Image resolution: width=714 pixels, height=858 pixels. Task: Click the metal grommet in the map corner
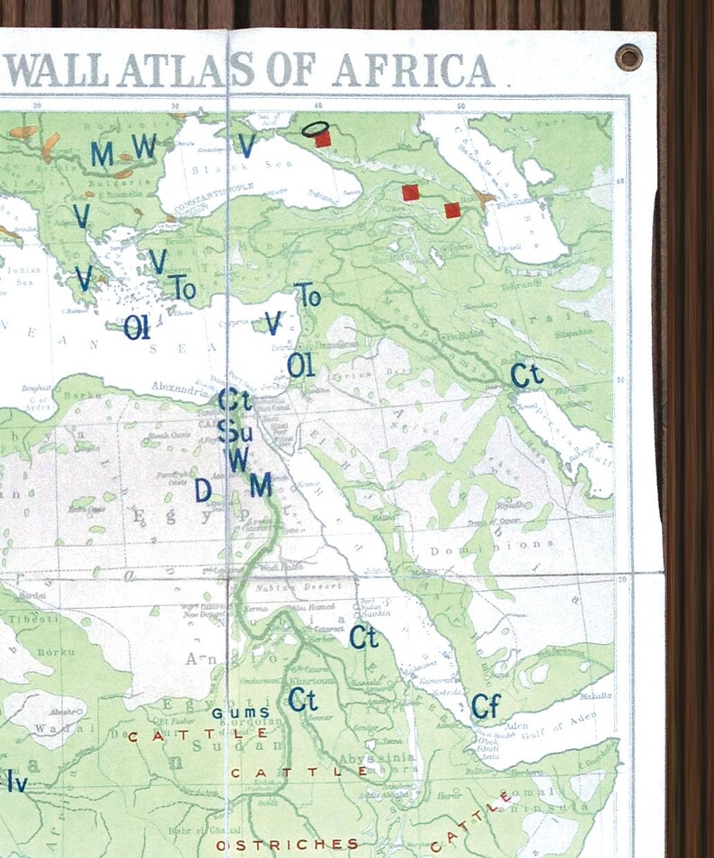pyautogui.click(x=629, y=57)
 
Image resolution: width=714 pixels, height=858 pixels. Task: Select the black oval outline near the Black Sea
pyautogui.click(x=314, y=129)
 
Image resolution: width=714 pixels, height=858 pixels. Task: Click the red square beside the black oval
pyautogui.click(x=323, y=139)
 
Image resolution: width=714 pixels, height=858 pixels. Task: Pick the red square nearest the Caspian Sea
pyautogui.click(x=452, y=210)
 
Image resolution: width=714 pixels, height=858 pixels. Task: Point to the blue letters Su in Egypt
pyautogui.click(x=235, y=432)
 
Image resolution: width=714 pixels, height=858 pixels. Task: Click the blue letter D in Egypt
pyautogui.click(x=203, y=490)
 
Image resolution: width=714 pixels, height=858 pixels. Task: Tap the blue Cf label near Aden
pyautogui.click(x=486, y=707)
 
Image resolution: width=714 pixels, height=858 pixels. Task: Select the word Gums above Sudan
pyautogui.click(x=240, y=712)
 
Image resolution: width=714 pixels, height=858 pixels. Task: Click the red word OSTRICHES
pyautogui.click(x=288, y=845)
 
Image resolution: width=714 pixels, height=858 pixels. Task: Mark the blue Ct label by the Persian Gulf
pyautogui.click(x=527, y=375)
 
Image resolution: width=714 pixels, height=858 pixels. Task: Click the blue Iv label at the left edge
pyautogui.click(x=15, y=783)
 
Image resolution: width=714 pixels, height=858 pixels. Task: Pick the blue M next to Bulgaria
pyautogui.click(x=102, y=154)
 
